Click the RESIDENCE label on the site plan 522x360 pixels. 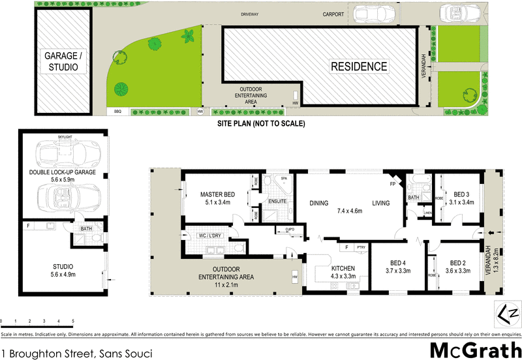358,66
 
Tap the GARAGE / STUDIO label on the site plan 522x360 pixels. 63,62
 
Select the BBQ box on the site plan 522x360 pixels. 117,112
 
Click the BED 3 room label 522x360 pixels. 463,198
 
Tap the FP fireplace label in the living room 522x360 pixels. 392,185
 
